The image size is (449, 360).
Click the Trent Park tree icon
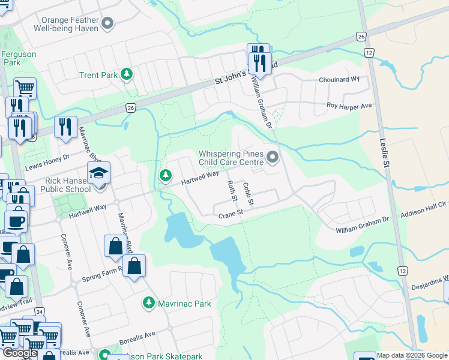[x=126, y=74]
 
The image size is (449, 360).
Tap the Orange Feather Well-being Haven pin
[x=108, y=24]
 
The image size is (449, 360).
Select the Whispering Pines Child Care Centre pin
[x=273, y=158]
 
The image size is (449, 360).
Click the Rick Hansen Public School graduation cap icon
[x=98, y=173]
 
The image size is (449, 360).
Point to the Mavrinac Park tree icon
[x=148, y=303]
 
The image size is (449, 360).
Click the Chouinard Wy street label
[x=339, y=79]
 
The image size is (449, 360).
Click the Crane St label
[x=230, y=214]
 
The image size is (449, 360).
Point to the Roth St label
[x=230, y=193]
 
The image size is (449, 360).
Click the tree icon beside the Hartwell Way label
[x=165, y=175]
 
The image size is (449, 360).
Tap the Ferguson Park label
[x=19, y=58]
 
